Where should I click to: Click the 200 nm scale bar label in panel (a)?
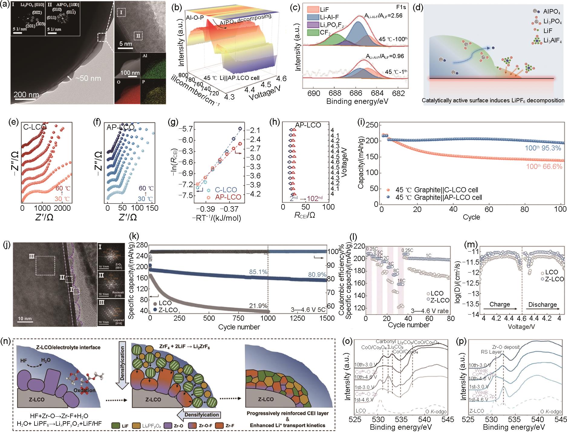[x=26, y=94]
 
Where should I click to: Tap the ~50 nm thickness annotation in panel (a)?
[x=88, y=78]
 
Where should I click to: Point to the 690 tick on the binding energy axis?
[x=314, y=93]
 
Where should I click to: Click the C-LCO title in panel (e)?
[x=35, y=127]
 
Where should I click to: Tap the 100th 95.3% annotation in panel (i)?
[x=543, y=148]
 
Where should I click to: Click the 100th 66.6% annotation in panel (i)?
[x=544, y=167]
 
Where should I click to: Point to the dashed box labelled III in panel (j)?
[x=45, y=266]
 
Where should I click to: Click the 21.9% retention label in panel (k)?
[x=258, y=306]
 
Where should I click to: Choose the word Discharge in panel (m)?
[x=543, y=304]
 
